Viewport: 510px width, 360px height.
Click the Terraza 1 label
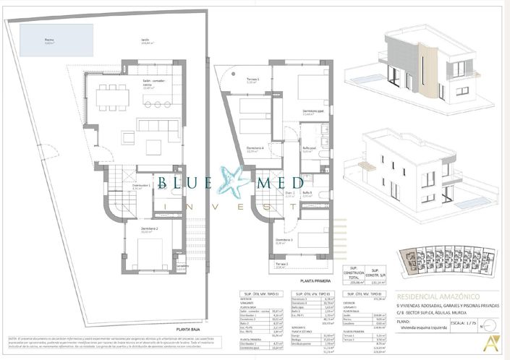point(252,81)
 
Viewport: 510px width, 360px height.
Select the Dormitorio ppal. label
point(313,113)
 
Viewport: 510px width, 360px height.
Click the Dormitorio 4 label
point(254,150)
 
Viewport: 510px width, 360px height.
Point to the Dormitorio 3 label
point(282,242)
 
